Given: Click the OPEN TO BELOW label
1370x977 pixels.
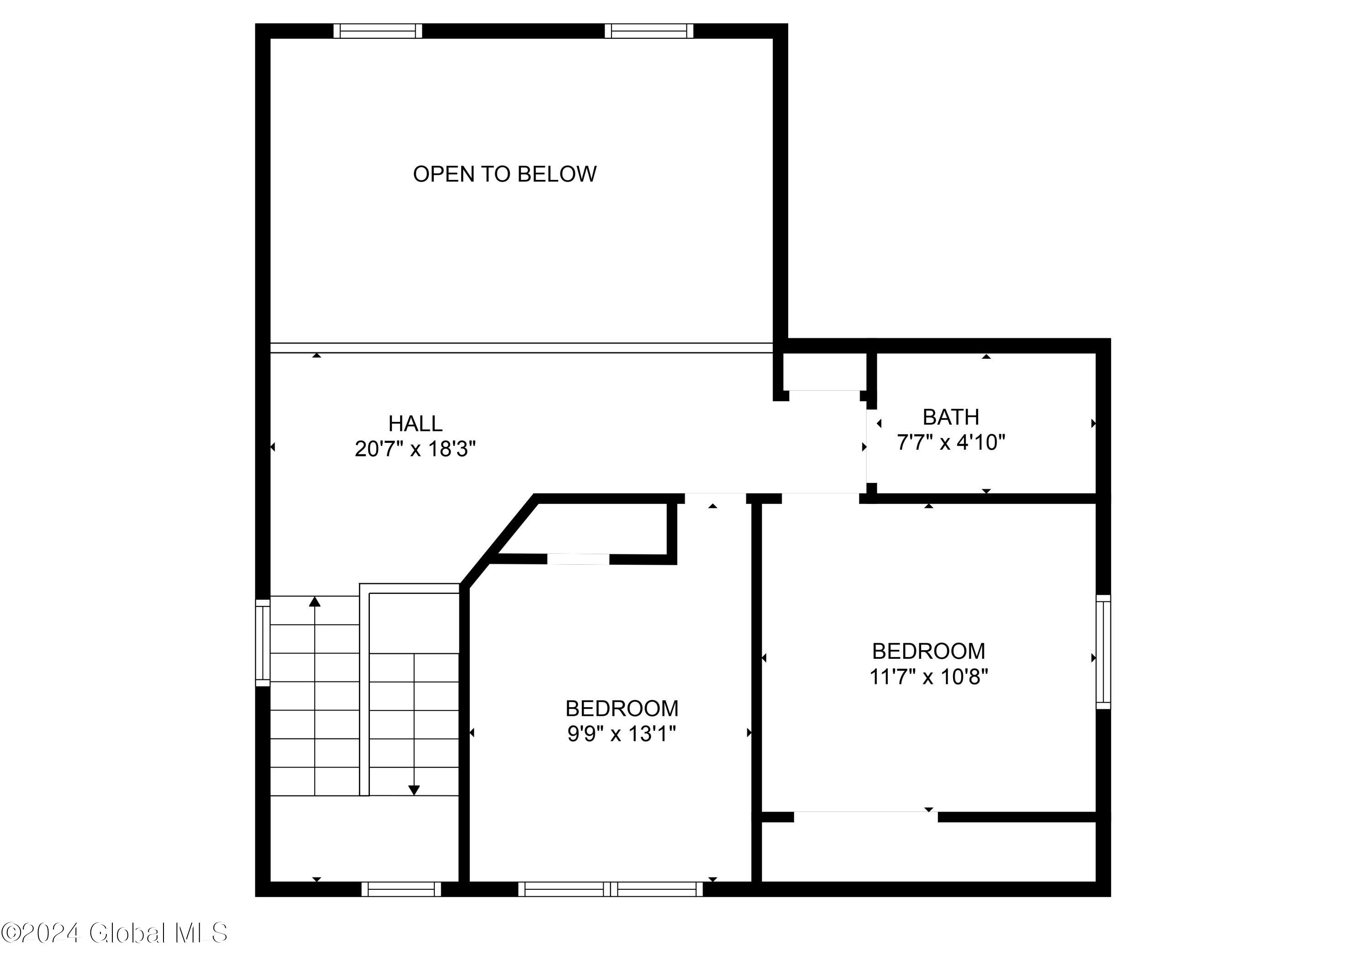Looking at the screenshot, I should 504,174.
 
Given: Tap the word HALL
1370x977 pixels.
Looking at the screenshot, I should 415,424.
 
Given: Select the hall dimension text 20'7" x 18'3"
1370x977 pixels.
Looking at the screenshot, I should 415,449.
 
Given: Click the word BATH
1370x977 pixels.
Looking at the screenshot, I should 951,417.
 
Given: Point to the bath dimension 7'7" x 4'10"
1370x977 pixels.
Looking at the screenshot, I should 951,443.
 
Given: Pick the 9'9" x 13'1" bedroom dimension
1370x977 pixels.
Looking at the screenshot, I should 622,734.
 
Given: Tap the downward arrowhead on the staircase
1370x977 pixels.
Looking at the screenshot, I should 414,790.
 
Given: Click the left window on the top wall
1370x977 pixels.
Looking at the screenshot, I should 378,31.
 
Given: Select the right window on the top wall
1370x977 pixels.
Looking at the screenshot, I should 648,31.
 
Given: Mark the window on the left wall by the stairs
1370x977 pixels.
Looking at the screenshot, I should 263,642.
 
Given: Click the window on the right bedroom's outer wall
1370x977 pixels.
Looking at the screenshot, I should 1103,651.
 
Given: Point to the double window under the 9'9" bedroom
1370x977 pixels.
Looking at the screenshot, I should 610,889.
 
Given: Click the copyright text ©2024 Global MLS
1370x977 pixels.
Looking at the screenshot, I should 114,933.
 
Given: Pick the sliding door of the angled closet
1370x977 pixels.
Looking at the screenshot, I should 578,559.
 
